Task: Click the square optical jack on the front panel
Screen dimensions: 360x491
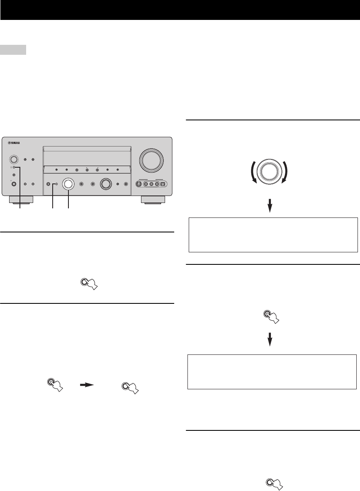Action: [163, 184]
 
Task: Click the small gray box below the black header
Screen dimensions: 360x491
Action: [13, 50]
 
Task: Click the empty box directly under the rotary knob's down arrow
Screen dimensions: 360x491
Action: [273, 235]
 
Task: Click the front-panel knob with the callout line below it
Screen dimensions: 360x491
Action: [68, 184]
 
